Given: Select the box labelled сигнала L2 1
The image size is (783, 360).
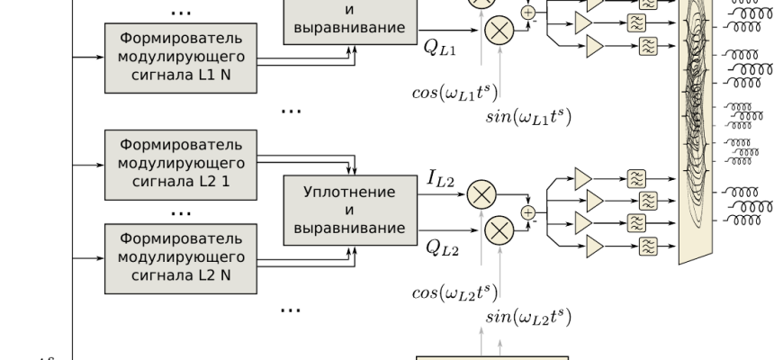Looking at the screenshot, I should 181,166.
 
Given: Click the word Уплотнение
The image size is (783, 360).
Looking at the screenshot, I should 350,193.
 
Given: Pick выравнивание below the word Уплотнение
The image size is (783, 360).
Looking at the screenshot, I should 350,227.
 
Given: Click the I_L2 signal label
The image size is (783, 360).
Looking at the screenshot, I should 441,182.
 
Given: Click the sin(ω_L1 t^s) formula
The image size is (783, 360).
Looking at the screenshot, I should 529,116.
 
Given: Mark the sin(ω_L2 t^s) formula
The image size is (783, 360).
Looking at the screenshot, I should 529,316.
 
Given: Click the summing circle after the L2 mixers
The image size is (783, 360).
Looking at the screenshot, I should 527,213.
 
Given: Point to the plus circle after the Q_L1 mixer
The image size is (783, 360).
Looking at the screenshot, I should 527,13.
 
